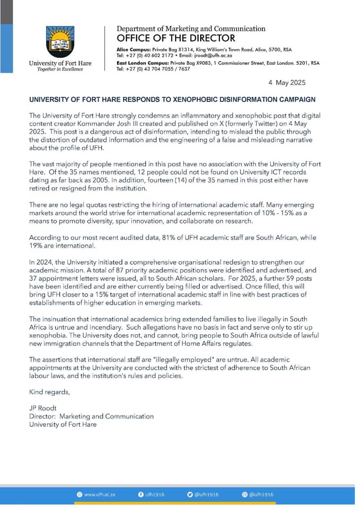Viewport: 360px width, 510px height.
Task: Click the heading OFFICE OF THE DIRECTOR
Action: (x=176, y=38)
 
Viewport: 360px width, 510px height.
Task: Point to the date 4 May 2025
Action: (x=287, y=83)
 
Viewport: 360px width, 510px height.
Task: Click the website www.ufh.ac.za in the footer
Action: (x=100, y=494)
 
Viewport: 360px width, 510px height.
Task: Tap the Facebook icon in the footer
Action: (x=141, y=494)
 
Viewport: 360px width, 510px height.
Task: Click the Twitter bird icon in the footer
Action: (x=190, y=494)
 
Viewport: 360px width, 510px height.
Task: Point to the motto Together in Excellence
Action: (x=60, y=69)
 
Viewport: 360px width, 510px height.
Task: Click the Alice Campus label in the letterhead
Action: (x=134, y=50)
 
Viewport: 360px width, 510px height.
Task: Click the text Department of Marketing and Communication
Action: (x=191, y=29)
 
